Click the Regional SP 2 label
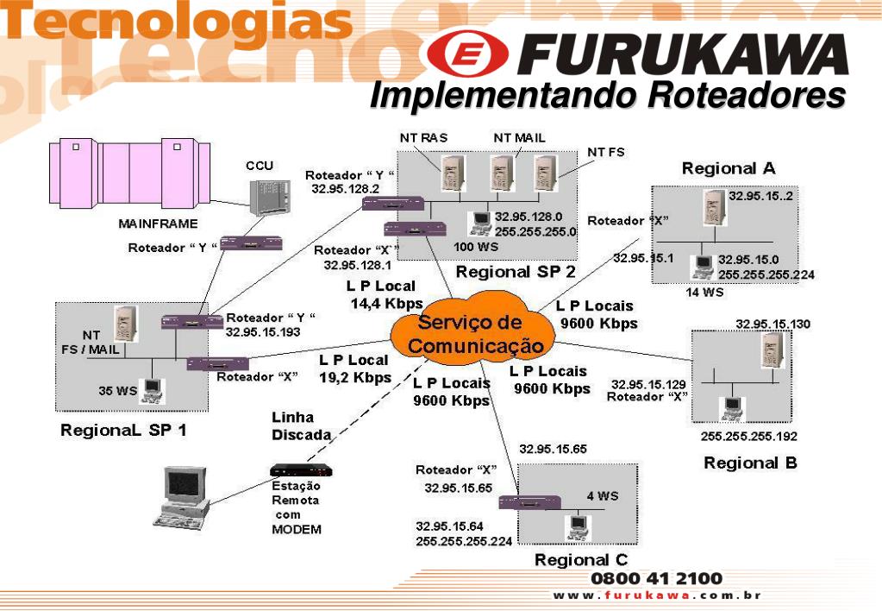(x=515, y=272)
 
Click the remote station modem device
(x=301, y=470)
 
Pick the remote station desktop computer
(x=184, y=495)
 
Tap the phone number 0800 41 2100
(x=657, y=577)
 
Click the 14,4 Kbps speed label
(x=386, y=303)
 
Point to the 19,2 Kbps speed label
(x=354, y=377)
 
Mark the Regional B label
(x=750, y=463)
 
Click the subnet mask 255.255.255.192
(x=748, y=436)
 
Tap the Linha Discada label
(x=301, y=425)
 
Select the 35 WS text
(x=118, y=390)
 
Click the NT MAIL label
(x=519, y=137)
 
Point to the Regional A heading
(x=729, y=167)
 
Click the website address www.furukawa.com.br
(x=657, y=595)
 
